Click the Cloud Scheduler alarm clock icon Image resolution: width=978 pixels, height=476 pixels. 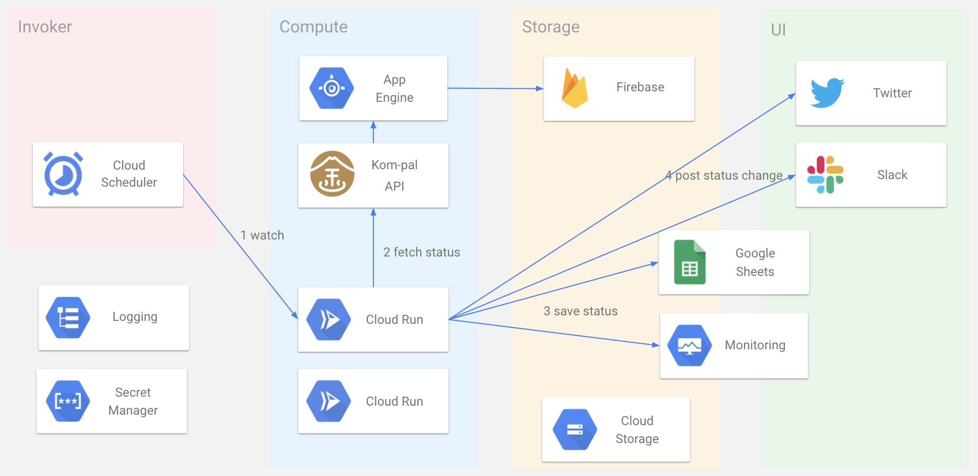[x=63, y=174]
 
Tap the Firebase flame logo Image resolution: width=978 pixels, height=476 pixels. [x=574, y=88]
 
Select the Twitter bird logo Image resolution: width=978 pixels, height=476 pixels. [x=827, y=93]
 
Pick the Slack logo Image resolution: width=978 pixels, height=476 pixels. [x=825, y=175]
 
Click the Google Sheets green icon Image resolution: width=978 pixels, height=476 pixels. [x=690, y=262]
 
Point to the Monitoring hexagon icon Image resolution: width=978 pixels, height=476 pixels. [x=690, y=345]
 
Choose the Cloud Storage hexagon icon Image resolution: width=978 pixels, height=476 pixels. [x=575, y=430]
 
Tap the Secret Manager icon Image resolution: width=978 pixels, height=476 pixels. [x=68, y=401]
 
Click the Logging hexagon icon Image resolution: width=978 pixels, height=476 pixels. [x=68, y=317]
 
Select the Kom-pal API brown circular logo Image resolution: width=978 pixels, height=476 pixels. [x=332, y=174]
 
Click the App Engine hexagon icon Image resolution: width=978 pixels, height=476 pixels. [x=332, y=88]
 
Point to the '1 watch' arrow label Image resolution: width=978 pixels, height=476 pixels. [x=262, y=235]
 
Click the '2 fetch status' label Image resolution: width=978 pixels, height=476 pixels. [x=422, y=252]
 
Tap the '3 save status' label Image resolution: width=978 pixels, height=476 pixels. [x=580, y=311]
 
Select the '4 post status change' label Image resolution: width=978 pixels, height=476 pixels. [x=724, y=175]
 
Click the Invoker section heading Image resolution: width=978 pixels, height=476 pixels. [x=45, y=26]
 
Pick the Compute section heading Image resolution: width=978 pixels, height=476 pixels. [x=313, y=26]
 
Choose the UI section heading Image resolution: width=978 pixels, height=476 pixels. [x=778, y=29]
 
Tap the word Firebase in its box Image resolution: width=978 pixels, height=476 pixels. [x=640, y=87]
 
